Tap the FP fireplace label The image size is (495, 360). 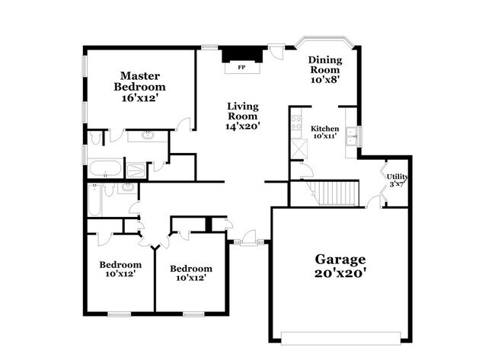point(242,68)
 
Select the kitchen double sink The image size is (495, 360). point(352,137)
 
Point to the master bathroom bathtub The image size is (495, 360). point(104,167)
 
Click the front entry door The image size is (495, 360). point(247,243)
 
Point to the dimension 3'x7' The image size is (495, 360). point(398,183)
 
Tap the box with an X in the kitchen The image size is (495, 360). point(297,148)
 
